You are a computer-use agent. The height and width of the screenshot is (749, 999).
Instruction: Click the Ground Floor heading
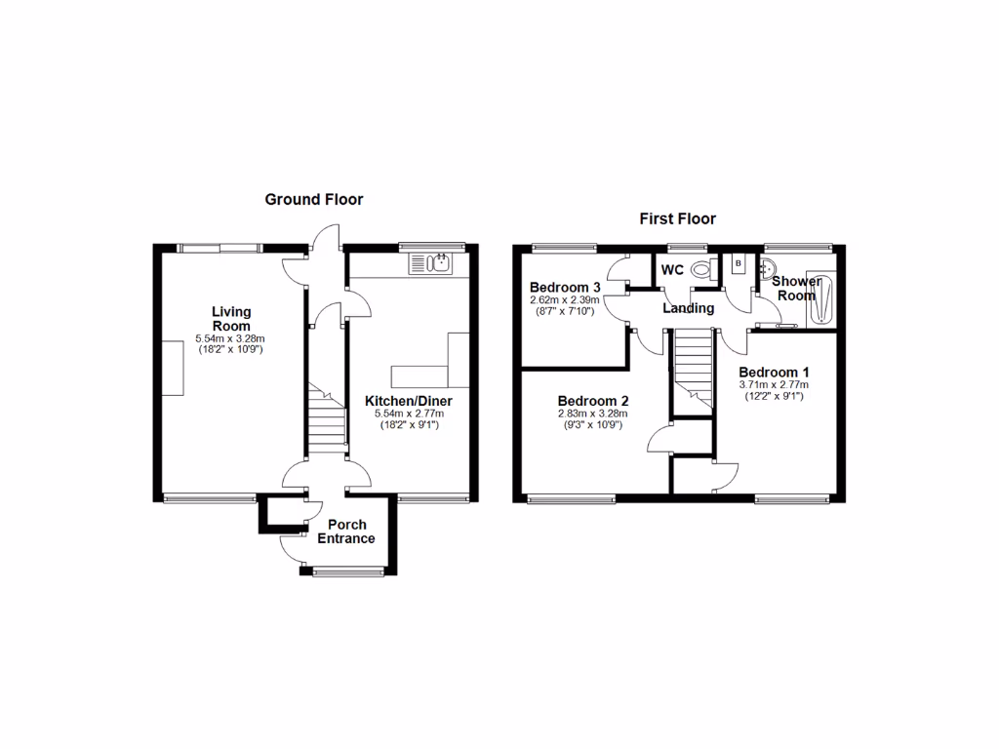pos(314,200)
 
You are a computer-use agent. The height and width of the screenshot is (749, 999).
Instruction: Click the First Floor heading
pos(677,219)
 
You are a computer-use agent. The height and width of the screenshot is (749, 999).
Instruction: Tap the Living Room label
pos(231,319)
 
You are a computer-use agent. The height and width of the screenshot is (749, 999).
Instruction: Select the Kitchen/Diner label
pos(409,401)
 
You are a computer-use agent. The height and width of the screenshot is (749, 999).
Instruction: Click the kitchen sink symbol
pos(428,262)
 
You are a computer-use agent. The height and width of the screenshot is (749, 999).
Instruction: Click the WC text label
pos(672,270)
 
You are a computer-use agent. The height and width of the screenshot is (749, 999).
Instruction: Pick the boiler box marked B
pos(739,263)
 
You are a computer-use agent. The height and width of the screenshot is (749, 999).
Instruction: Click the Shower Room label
pos(796,289)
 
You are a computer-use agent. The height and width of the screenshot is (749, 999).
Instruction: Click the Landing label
pos(688,308)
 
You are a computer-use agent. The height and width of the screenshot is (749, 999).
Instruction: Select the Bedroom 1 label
pos(774,373)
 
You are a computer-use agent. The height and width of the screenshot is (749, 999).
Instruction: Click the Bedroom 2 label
pos(592,401)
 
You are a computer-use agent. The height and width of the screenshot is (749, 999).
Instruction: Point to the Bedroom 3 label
pos(565,288)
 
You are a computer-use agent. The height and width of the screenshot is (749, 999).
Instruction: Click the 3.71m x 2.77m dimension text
pos(774,385)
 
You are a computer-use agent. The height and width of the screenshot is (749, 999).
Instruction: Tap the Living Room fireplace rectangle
pos(173,368)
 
